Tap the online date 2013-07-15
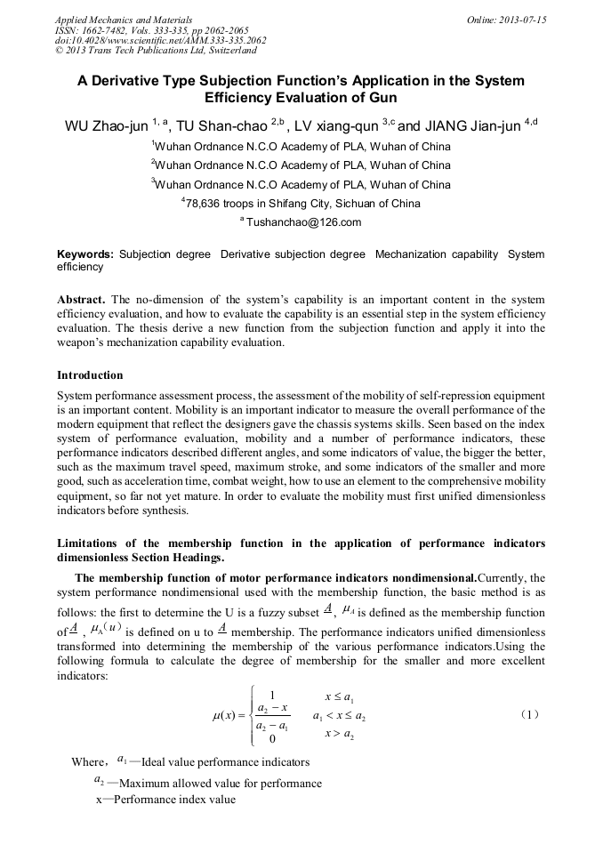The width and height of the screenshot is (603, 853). (507, 19)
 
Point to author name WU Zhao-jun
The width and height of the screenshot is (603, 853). (106, 126)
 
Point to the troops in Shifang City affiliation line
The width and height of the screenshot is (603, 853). (302, 204)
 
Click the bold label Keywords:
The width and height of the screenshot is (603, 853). (85, 255)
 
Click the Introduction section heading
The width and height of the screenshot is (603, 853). (90, 375)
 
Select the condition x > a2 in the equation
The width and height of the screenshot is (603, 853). (340, 734)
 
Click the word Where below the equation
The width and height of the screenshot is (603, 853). (88, 762)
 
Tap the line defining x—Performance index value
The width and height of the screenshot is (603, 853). (165, 800)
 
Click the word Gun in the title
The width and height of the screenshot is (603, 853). (380, 98)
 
